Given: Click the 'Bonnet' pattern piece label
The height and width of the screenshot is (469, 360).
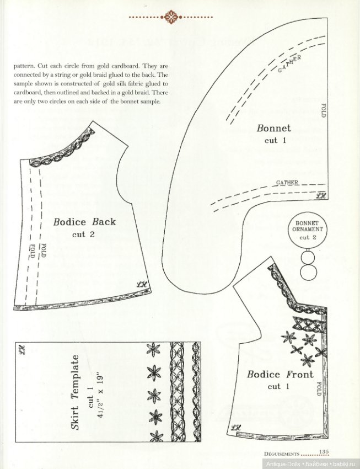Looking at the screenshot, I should [x=274, y=128].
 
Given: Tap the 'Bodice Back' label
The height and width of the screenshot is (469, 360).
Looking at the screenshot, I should [x=84, y=222].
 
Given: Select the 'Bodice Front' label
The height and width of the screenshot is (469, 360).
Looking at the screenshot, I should [x=280, y=375].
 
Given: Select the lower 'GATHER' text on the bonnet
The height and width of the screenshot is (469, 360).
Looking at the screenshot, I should [x=287, y=182].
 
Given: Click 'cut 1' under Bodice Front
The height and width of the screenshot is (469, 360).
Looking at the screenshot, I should [x=279, y=386].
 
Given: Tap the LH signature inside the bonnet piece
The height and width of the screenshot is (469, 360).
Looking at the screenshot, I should [x=319, y=195].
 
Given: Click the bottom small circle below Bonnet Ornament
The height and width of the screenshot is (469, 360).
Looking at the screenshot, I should [x=307, y=271].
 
